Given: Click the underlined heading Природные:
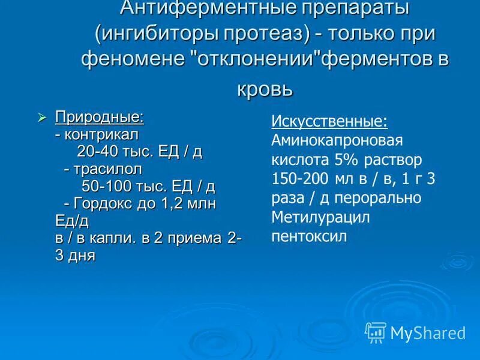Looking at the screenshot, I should pos(100,116).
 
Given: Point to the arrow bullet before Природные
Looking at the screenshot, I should pos(42,117).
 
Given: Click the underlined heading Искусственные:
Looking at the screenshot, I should pos(329,121).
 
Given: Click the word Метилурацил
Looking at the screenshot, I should pos(320,217).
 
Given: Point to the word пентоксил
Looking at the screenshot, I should pos(309,236).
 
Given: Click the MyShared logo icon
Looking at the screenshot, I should pos(376,332).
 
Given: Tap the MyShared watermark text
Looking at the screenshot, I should pos(428,333).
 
